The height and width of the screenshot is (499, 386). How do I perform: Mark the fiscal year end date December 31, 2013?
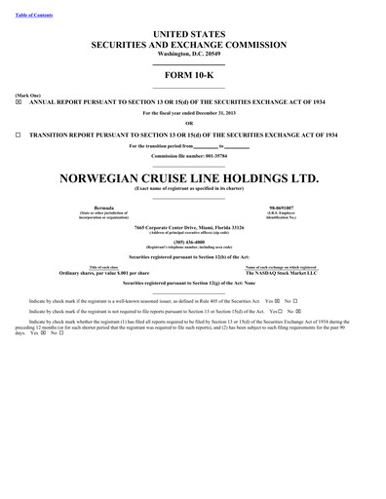pyautogui.click(x=220, y=112)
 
